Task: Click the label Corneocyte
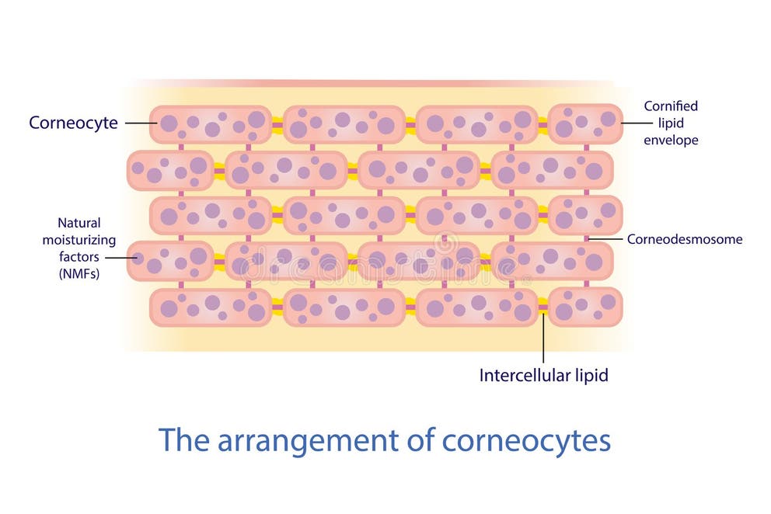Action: coord(73,123)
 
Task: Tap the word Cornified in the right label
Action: coord(671,106)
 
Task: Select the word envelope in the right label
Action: coord(671,141)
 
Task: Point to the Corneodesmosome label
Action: coord(685,239)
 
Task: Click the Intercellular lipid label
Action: coord(543,376)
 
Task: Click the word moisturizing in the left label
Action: coord(78,240)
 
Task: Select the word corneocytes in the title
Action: coord(526,440)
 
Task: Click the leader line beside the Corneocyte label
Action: coord(141,123)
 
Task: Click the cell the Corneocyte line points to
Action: coord(210,124)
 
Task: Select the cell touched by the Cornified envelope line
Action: coord(585,124)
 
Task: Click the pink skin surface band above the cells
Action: coord(373,83)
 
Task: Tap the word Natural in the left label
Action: coord(78,223)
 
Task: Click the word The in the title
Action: coord(184,440)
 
